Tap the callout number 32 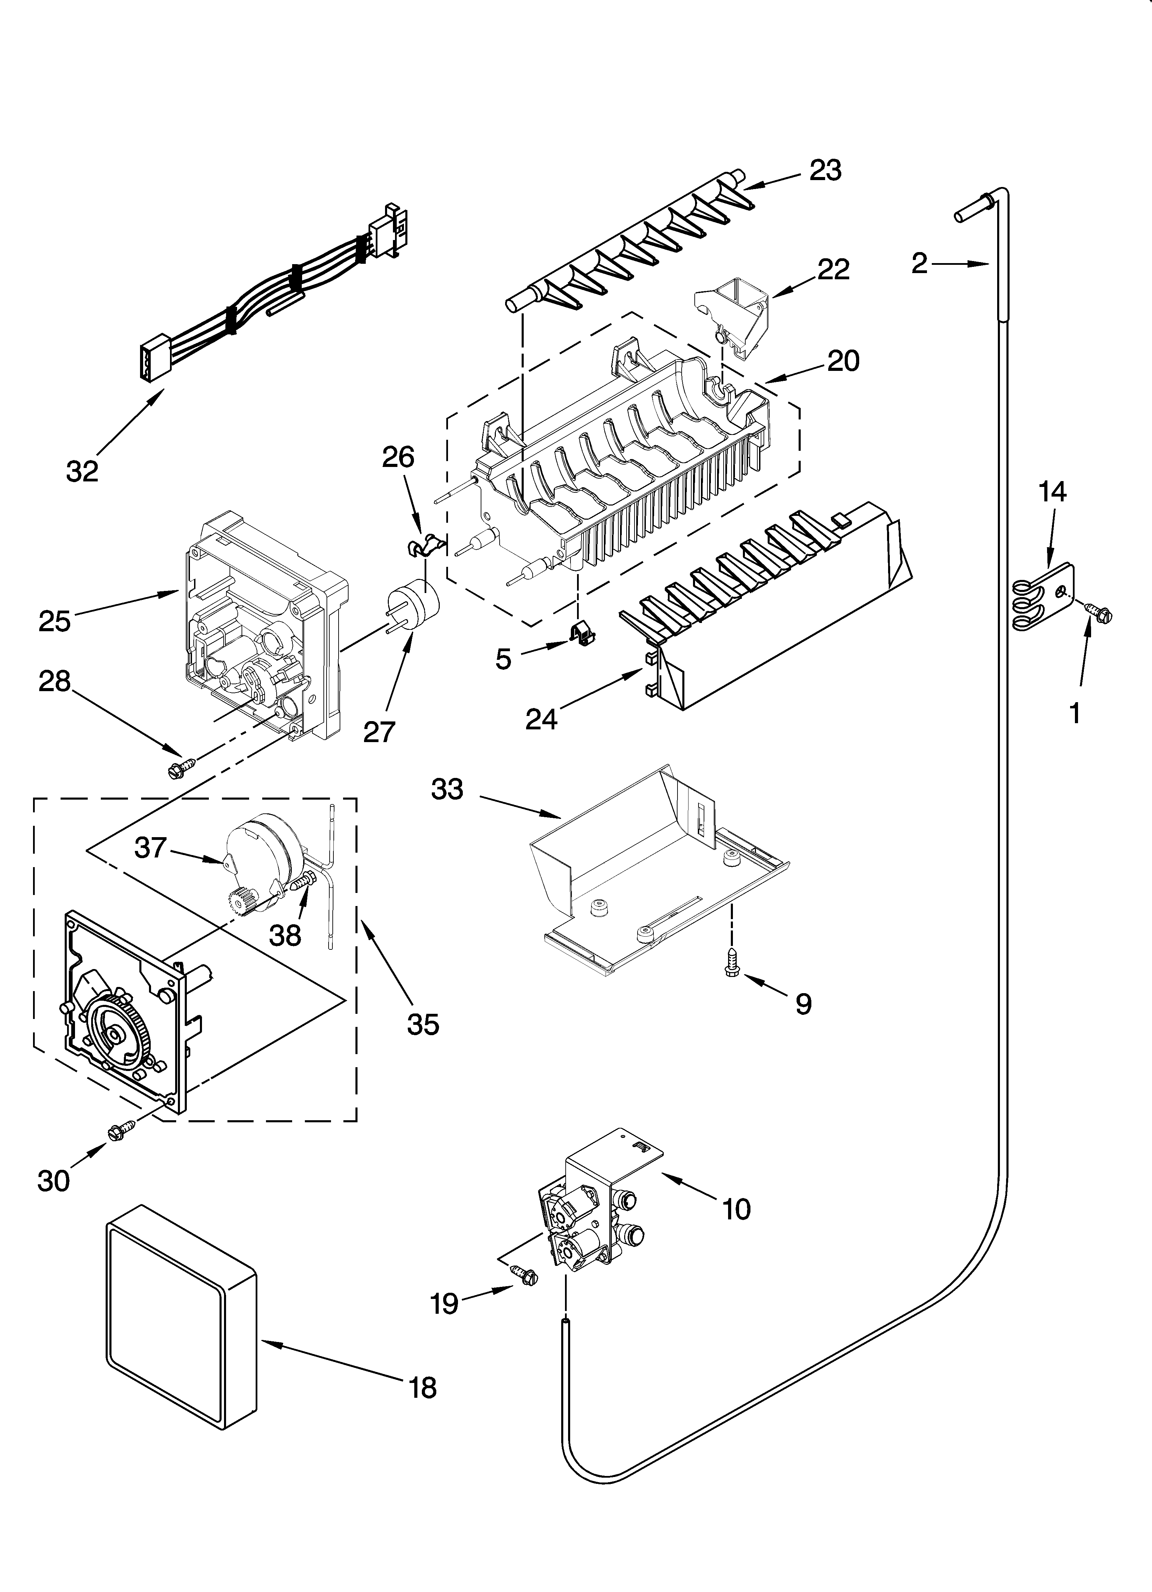pyautogui.click(x=82, y=471)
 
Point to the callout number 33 pyautogui.click(x=448, y=790)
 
